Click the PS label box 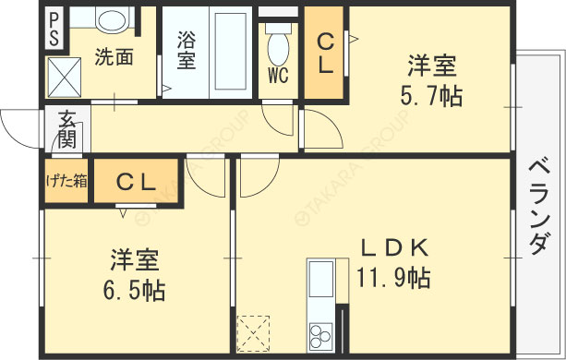coord(54,30)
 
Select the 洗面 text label coord(114,56)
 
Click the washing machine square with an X coord(66,73)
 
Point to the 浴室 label coord(186,51)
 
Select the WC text coord(279,74)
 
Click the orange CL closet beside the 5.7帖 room coord(326,54)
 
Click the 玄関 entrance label coord(67,128)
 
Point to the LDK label coord(393,247)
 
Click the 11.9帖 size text coord(392,276)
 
